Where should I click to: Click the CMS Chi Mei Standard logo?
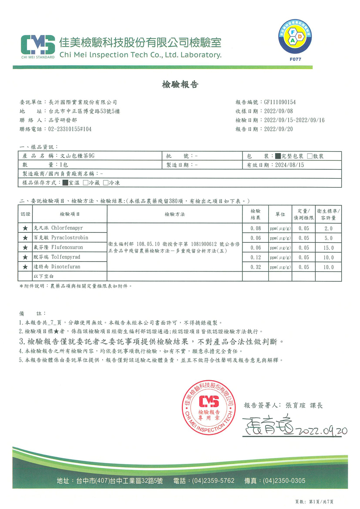(38, 46)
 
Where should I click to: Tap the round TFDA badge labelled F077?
(295, 37)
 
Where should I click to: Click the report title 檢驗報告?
(180, 85)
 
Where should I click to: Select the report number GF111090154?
(280, 102)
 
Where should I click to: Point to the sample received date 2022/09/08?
(278, 111)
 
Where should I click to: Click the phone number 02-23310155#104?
(70, 129)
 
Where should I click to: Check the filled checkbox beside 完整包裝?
(278, 156)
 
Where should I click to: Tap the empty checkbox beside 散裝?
(310, 156)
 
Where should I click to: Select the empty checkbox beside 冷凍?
(106, 183)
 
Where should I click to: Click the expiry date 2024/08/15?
(289, 165)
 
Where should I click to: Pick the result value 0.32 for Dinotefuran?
(256, 267)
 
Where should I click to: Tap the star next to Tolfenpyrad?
(25, 257)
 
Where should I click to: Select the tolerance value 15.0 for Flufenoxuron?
(328, 248)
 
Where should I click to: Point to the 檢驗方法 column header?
(175, 214)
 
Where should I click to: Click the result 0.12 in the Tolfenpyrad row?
(256, 258)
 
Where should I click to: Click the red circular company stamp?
(209, 408)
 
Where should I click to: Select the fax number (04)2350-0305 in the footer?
(284, 481)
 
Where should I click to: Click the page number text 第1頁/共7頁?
(321, 501)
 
